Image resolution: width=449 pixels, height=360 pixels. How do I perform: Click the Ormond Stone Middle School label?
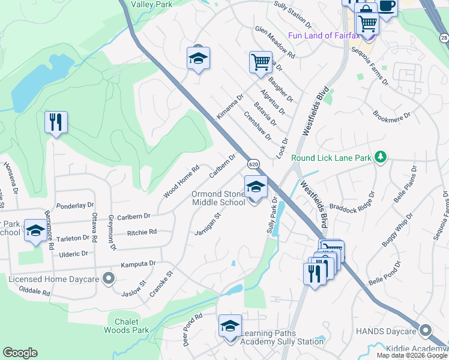218,198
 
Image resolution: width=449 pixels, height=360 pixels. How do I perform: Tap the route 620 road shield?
253,163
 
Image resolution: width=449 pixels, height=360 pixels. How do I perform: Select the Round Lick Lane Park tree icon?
379,157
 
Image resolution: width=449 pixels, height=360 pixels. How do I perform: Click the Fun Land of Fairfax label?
324,35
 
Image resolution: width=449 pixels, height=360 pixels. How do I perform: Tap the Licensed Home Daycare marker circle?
108,278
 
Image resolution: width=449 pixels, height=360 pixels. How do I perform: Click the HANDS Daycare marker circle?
426,331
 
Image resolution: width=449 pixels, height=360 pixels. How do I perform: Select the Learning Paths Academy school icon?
230,325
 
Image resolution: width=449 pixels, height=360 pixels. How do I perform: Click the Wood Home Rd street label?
181,182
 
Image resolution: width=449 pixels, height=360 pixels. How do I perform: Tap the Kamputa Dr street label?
138,263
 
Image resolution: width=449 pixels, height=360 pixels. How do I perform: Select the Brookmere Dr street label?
391,115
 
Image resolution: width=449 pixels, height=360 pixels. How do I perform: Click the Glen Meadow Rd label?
275,41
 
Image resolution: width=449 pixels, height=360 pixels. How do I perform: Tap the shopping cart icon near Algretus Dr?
261,61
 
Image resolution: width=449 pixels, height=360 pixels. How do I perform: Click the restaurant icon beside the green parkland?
56,122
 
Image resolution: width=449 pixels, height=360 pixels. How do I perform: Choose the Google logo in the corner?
20,353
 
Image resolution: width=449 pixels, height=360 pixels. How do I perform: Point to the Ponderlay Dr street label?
75,206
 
